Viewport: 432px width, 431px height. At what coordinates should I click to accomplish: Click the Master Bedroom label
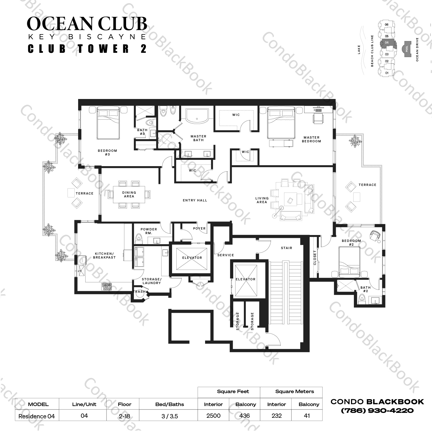point(311,139)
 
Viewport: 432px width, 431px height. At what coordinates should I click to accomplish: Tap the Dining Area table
point(129,194)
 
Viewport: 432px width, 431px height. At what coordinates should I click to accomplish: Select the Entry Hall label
point(195,200)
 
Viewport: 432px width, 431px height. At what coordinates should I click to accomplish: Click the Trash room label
point(140,292)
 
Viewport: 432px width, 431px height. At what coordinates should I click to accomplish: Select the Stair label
point(286,248)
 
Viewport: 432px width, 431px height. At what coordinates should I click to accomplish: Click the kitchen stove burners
point(106,286)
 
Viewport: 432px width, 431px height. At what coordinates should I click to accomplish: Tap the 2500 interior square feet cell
point(213,416)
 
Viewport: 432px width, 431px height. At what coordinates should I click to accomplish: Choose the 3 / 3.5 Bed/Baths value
point(169,416)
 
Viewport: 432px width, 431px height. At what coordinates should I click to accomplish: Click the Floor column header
point(124,404)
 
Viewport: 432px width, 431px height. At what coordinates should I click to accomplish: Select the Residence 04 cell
point(36,416)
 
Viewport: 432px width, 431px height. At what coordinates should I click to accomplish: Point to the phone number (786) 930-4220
point(377,411)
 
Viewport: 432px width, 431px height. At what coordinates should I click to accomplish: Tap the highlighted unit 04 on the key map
point(387,43)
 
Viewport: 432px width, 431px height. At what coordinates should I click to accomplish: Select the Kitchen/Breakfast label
point(104,255)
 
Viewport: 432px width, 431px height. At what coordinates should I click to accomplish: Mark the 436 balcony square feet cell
point(244,416)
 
